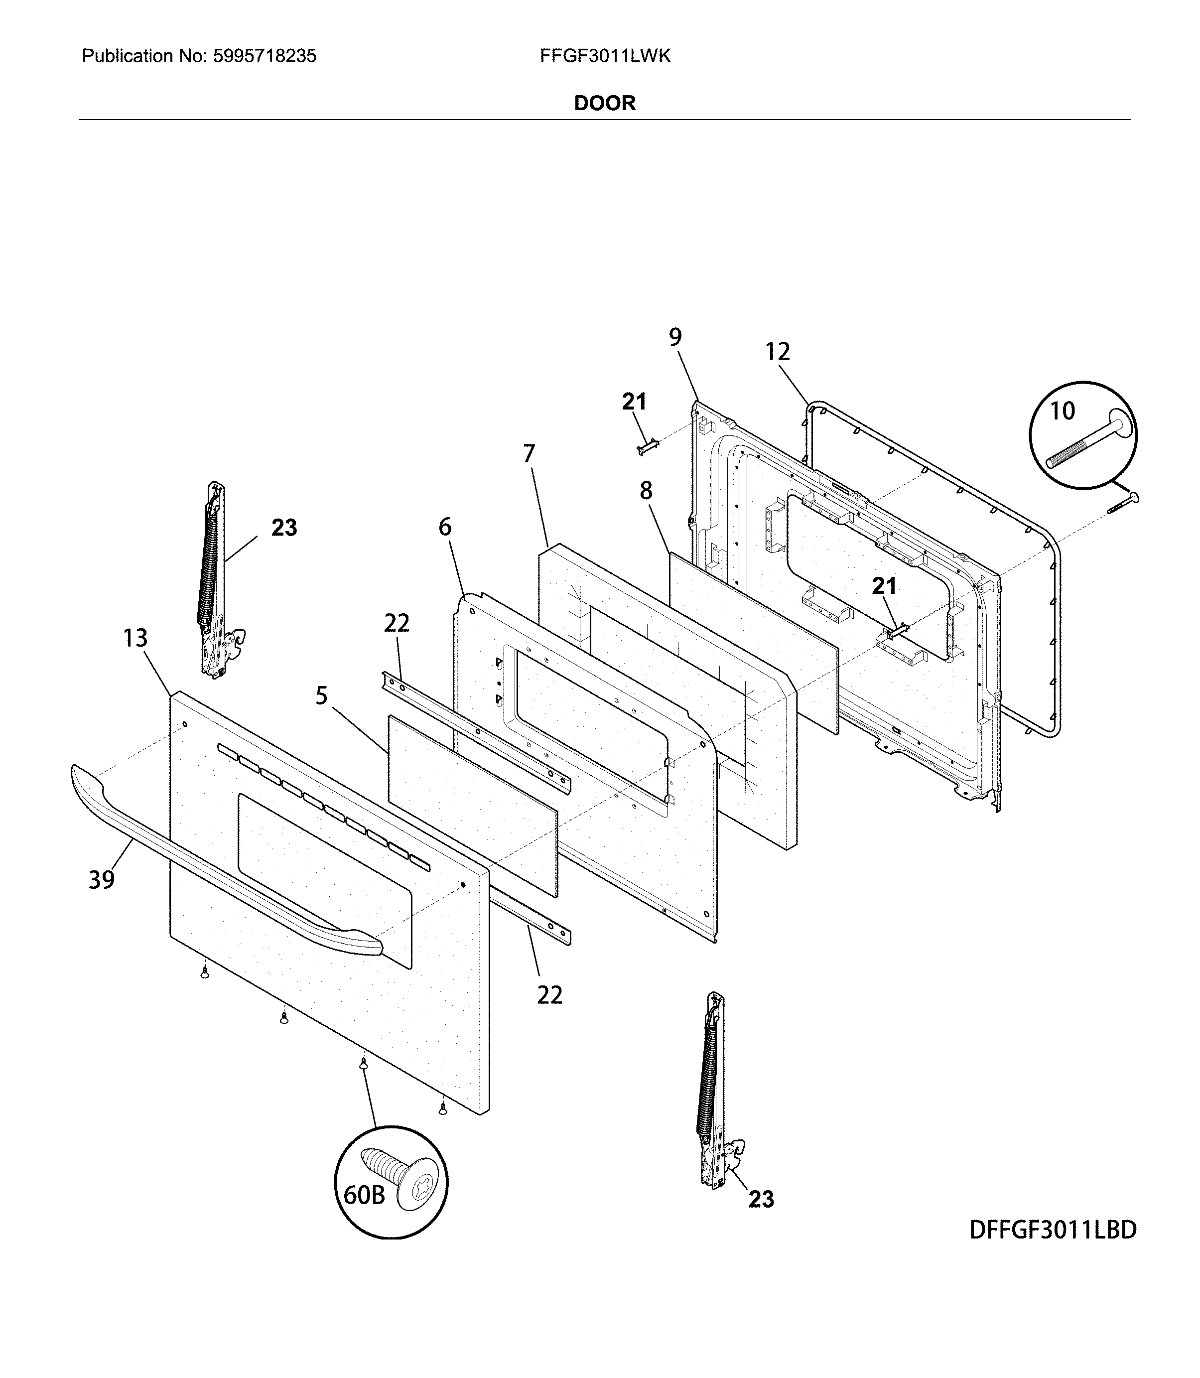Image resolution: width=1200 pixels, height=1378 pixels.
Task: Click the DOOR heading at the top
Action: point(604,103)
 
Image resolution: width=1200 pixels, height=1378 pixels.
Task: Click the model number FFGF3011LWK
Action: point(605,56)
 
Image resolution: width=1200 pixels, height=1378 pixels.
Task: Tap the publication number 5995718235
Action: point(264,56)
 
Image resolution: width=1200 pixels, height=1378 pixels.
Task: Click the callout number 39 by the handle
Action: point(102,880)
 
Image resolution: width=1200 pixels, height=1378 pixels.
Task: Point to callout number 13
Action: point(135,638)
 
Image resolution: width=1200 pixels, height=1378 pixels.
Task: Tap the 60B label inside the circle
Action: point(364,1195)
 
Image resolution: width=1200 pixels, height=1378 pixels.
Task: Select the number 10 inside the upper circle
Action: point(1062,411)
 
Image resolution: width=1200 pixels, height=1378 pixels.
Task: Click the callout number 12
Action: point(778,352)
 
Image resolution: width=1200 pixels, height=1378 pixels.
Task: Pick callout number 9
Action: point(675,337)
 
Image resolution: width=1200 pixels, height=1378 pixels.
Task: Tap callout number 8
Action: point(646,491)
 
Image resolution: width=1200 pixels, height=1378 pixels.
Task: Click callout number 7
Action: point(529,454)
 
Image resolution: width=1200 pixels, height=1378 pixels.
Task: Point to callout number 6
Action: point(445,528)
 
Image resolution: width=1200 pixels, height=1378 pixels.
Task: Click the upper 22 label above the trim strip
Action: point(397,623)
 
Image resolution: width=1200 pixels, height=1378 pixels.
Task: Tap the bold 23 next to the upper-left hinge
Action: point(284,528)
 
